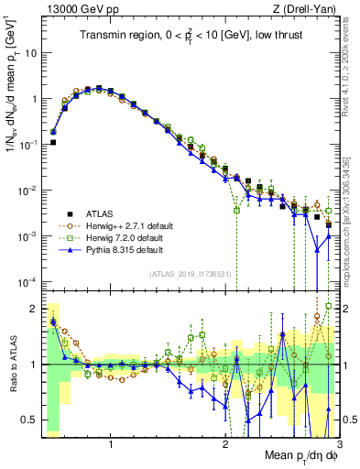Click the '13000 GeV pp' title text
click(x=75, y=9)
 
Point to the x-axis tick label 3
click(x=339, y=446)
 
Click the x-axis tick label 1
click(x=111, y=446)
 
